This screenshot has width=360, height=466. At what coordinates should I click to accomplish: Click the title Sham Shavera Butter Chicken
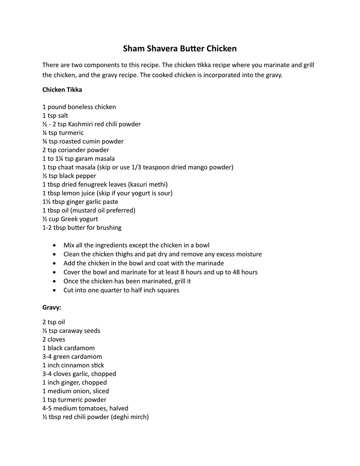(180, 48)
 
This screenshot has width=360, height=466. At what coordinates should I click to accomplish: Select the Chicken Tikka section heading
(62, 90)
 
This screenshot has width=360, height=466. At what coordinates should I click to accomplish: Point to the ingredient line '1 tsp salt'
(55, 116)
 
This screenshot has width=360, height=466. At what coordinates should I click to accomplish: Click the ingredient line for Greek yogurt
(70, 219)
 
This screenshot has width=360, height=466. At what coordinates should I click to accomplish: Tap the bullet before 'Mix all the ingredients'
(54, 246)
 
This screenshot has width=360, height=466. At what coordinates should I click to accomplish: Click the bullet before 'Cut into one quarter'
(54, 290)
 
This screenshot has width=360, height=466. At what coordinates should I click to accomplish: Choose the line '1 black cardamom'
(68, 348)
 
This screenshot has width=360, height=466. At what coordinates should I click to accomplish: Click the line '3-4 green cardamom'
(72, 357)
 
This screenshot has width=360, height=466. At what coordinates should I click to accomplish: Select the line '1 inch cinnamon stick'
(73, 365)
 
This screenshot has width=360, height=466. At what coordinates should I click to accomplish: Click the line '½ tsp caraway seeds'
(71, 331)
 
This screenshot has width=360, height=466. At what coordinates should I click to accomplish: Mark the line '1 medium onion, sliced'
(76, 391)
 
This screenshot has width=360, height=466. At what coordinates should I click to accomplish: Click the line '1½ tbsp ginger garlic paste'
(80, 202)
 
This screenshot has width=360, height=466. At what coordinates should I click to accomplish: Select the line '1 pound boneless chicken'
(79, 107)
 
